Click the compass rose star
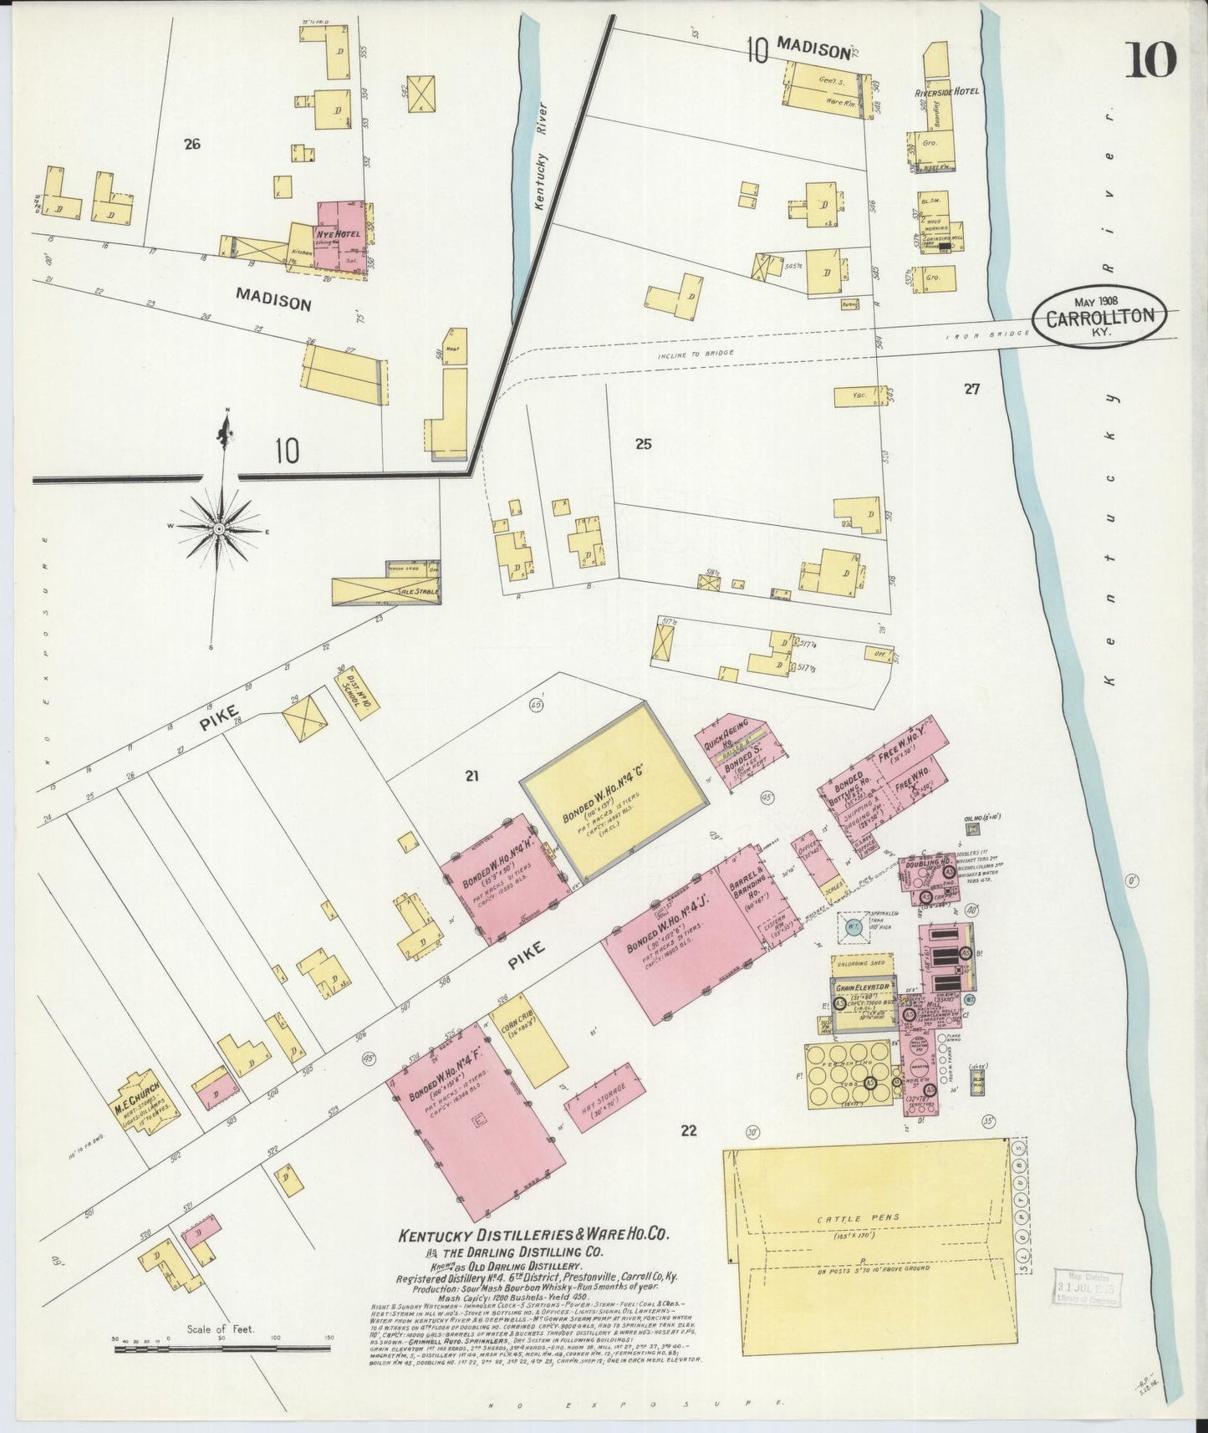[219, 529]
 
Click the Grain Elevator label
[861, 987]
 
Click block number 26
[192, 144]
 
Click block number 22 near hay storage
[688, 1131]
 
